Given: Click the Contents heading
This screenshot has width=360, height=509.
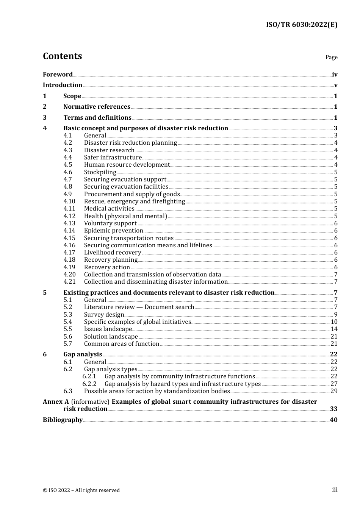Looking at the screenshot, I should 62,56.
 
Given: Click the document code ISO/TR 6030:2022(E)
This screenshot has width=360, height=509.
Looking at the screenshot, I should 301,25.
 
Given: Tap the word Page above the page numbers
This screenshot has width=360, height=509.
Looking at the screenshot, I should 331,57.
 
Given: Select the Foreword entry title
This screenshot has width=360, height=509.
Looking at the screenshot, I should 58,74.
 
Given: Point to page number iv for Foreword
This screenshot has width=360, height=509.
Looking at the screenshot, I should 335,74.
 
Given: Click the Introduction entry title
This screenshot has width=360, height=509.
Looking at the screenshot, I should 63,85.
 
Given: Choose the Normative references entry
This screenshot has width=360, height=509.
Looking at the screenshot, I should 97,107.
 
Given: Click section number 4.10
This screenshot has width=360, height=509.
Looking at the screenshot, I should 69,201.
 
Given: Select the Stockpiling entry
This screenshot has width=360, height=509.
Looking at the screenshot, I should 100,172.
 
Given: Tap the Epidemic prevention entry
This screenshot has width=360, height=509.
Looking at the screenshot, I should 113,231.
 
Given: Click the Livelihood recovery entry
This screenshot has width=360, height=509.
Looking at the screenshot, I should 113,253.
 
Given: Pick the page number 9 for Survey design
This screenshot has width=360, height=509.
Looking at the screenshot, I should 336,315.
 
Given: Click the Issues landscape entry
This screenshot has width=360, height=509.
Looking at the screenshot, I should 108,329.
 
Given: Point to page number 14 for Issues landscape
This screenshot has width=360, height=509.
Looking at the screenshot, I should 334,329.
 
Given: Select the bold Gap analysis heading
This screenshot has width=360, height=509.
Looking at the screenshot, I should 83,354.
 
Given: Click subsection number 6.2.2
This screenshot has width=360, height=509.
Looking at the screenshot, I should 89,384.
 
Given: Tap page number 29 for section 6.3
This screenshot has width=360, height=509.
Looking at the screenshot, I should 334,391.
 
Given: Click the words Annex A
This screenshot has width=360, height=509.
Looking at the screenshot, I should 56,401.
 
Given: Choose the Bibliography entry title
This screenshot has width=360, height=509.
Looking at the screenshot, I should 63,420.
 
